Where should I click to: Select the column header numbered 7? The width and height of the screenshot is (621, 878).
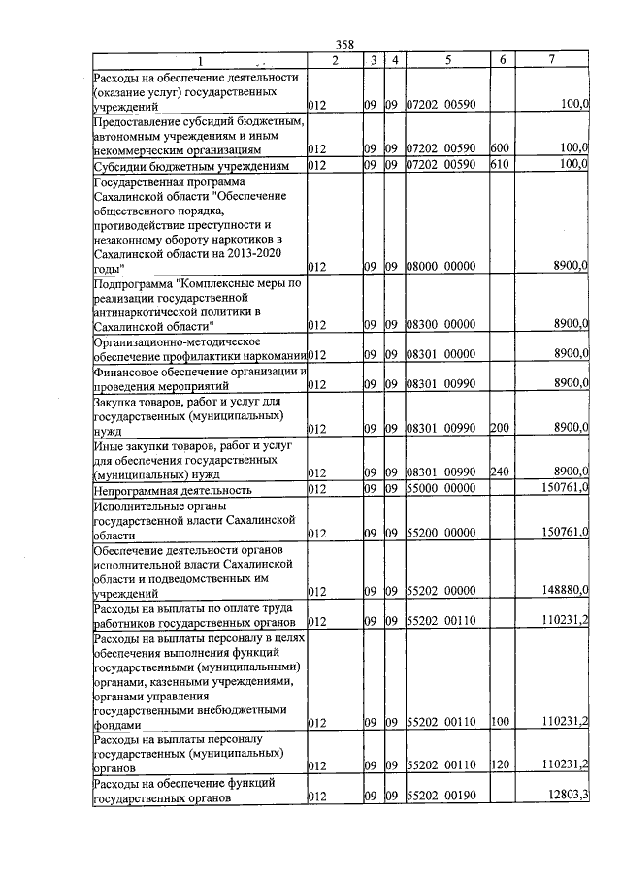click(x=551, y=61)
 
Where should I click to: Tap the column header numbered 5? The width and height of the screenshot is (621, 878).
click(x=447, y=61)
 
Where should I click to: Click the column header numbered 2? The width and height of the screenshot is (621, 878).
click(x=333, y=61)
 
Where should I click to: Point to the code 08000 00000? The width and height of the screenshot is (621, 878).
click(x=440, y=266)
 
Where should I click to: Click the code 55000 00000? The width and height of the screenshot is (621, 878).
click(x=440, y=490)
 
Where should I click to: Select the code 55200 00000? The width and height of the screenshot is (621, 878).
click(x=440, y=533)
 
